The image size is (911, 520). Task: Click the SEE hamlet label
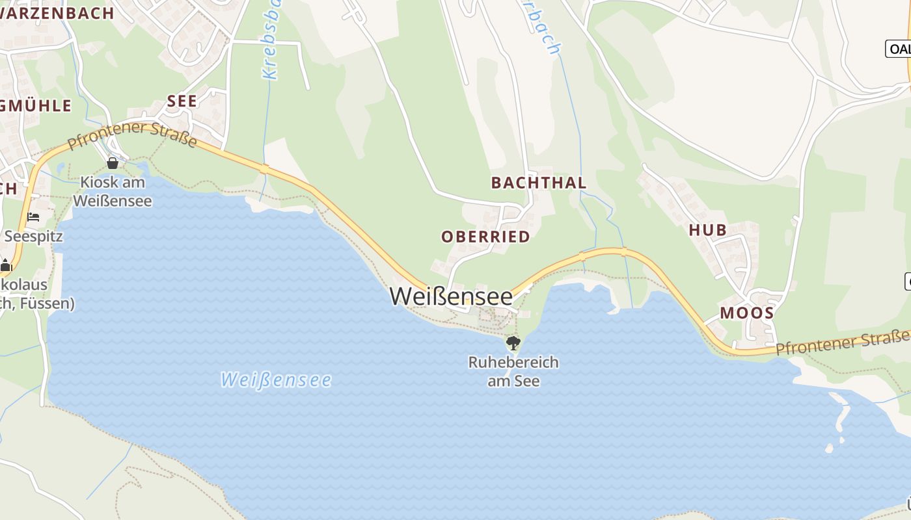click(x=182, y=101)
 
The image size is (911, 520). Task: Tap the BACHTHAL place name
click(x=539, y=183)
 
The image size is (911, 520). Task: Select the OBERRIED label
click(x=485, y=237)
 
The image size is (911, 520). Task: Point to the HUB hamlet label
click(x=708, y=229)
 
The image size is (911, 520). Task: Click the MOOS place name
click(x=746, y=313)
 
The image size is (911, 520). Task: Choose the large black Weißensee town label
click(x=451, y=296)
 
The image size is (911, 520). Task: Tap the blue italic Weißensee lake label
click(x=276, y=380)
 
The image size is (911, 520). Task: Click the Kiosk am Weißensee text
click(x=113, y=191)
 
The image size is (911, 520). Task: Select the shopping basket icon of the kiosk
click(x=113, y=163)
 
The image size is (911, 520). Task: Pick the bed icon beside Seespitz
click(x=34, y=216)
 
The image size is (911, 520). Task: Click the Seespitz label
click(x=34, y=236)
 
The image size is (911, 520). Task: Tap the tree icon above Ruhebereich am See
click(x=513, y=343)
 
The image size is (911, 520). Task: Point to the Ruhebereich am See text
click(x=513, y=371)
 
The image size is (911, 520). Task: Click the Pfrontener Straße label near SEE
click(x=132, y=135)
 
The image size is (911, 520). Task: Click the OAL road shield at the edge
click(x=899, y=49)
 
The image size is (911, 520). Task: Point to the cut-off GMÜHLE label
click(x=36, y=105)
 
